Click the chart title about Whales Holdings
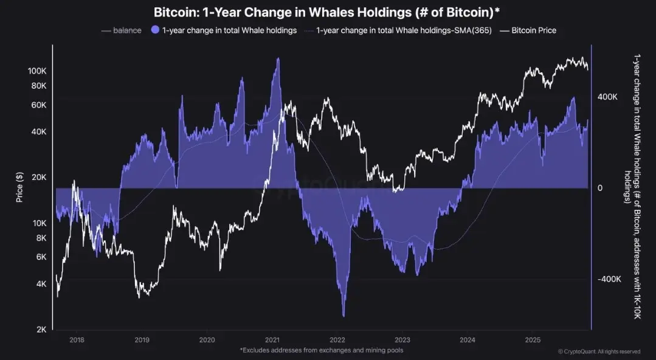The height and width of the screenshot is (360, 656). (x=327, y=12)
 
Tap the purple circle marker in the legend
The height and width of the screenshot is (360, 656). (x=155, y=30)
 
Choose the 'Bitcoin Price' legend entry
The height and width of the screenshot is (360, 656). (x=533, y=30)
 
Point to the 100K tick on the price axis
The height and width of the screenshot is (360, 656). (x=37, y=71)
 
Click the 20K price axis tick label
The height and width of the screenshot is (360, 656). (x=39, y=178)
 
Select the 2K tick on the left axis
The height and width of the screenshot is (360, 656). (x=41, y=330)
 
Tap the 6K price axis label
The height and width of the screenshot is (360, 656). (x=41, y=257)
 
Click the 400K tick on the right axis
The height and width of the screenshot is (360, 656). (x=607, y=97)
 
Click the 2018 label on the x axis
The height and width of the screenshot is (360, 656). (x=77, y=341)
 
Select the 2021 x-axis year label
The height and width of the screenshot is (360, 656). (x=272, y=341)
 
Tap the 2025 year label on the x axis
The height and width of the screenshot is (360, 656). (x=533, y=341)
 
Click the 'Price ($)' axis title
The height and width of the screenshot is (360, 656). (x=19, y=187)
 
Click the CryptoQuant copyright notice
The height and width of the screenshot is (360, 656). (x=599, y=351)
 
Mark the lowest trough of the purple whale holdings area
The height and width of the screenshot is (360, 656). (x=344, y=316)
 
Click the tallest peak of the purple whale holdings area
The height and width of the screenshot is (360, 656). (x=278, y=58)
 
